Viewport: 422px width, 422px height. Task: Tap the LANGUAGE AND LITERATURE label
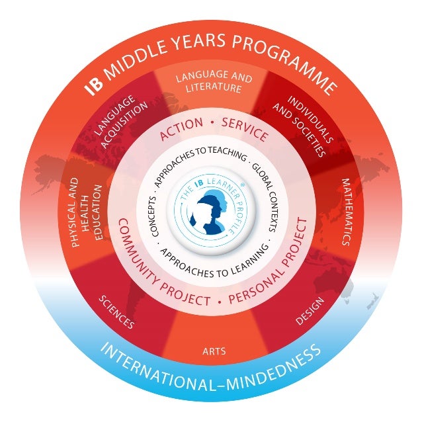click(x=213, y=83)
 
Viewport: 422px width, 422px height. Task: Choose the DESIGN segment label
click(x=309, y=311)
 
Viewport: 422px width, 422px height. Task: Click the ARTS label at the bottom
click(x=214, y=351)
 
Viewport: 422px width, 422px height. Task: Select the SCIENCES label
click(x=116, y=312)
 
